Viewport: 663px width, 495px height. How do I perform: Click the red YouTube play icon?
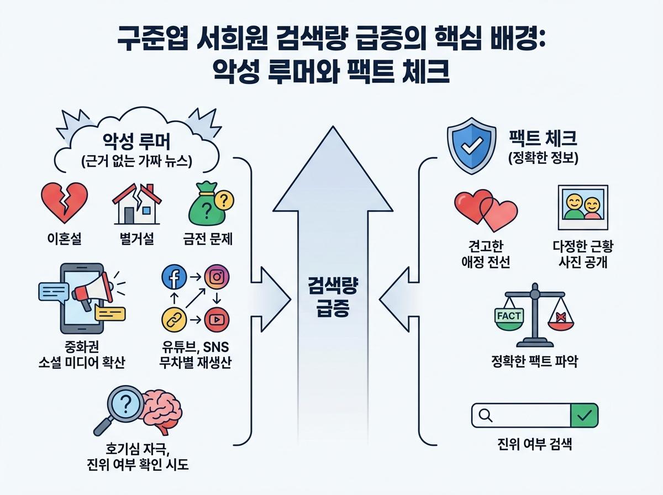217,320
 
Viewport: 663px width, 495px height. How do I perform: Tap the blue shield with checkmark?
470,146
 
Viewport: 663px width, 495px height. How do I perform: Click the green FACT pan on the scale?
509,319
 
